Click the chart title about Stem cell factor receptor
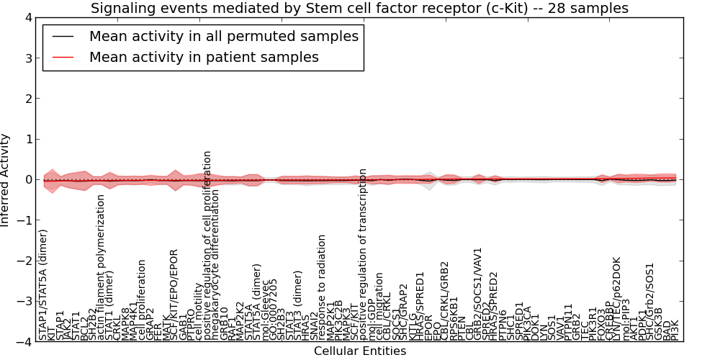pos(359,9)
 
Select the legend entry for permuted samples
pos(223,36)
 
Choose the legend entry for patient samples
pos(204,57)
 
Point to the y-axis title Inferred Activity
pos(6,180)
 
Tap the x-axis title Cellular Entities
pos(359,351)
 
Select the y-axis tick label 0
pos(28,180)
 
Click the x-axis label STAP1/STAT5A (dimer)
pos(44,285)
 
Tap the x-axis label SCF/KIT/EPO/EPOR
pos(174,294)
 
